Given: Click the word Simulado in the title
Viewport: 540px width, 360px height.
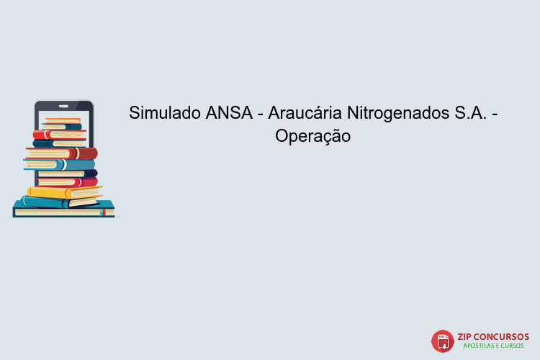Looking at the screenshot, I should [165, 113].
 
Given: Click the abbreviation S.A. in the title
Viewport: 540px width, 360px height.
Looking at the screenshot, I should [472, 113].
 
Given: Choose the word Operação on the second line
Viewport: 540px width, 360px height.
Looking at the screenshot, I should [312, 135].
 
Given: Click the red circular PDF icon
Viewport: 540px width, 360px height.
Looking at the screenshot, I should [443, 340].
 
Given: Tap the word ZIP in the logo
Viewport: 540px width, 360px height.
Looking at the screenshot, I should [467, 336].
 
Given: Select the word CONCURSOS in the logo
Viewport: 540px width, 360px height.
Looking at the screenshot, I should [503, 336].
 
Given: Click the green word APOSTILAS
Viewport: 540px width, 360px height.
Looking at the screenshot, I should [480, 346].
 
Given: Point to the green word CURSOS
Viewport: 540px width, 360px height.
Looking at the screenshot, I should [516, 346].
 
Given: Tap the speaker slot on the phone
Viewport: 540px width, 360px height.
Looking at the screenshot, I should [64, 104].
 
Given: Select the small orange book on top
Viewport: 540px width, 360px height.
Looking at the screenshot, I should [63, 120].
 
